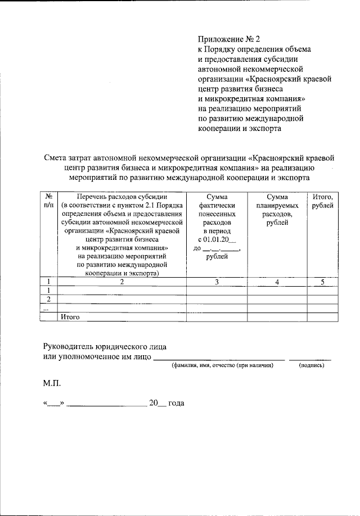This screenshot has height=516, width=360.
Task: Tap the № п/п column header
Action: (49, 201)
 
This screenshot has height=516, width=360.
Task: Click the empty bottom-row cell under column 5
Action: (322, 317)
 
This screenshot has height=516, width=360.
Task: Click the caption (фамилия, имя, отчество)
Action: (223, 365)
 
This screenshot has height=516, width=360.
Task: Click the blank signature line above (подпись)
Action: (310, 358)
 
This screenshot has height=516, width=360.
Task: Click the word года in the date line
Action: (177, 403)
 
